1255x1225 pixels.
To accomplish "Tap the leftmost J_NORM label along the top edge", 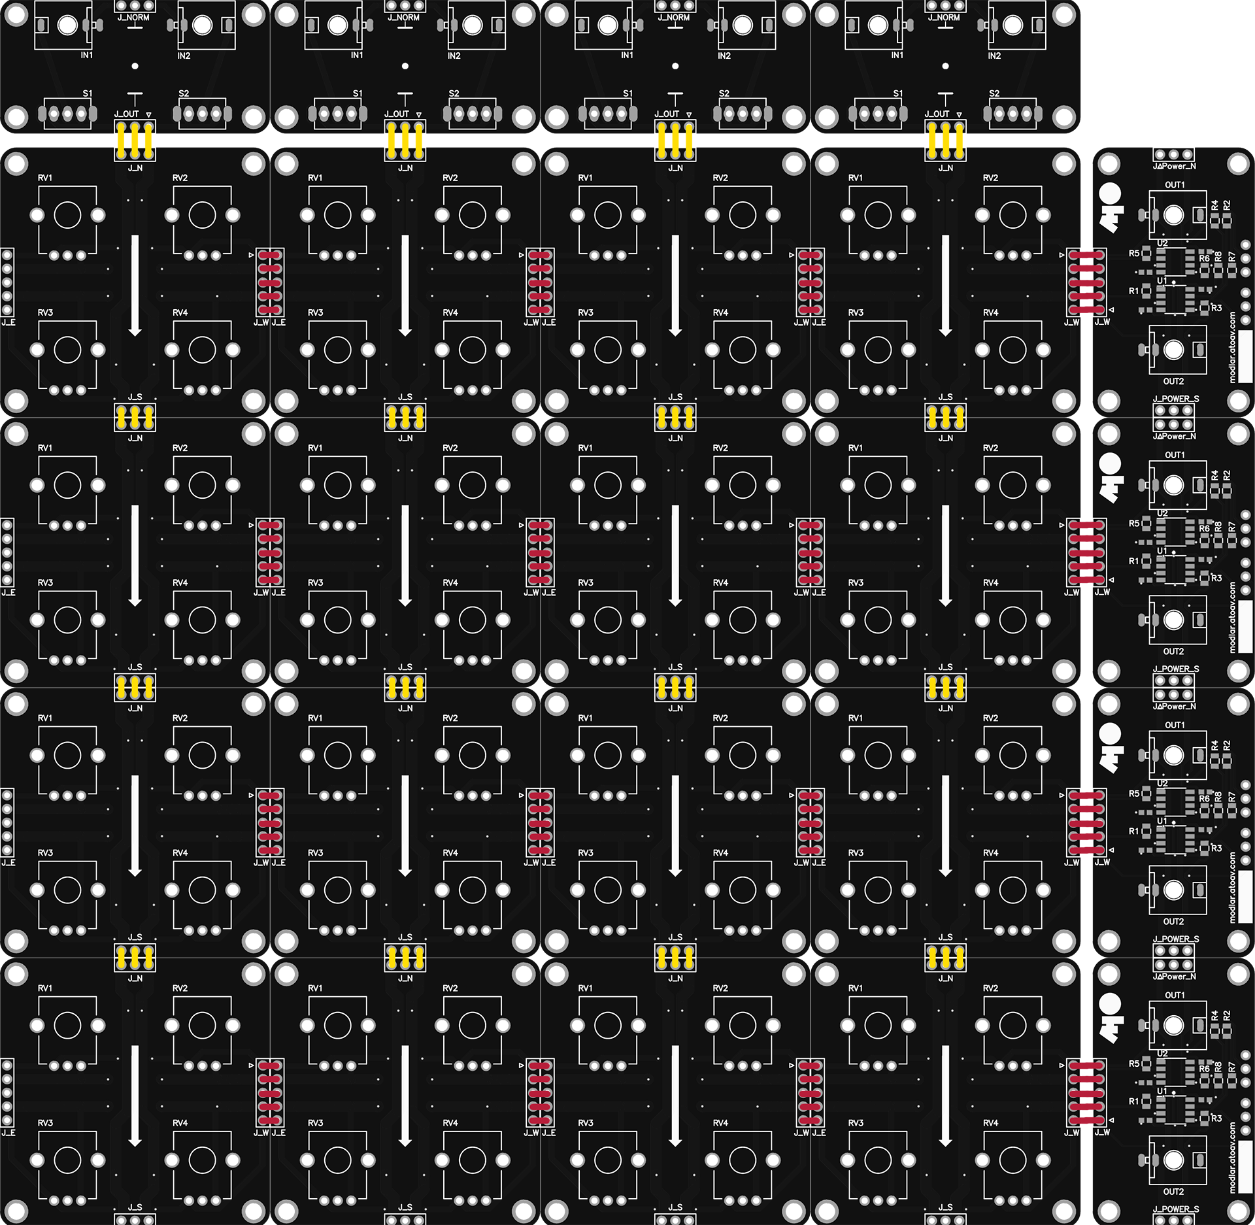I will click(x=133, y=18).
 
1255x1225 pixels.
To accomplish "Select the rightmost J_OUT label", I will click(x=937, y=114).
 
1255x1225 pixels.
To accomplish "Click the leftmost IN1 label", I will click(x=87, y=56).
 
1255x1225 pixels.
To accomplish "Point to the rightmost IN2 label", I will click(x=994, y=56).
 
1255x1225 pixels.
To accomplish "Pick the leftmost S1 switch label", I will click(x=88, y=93).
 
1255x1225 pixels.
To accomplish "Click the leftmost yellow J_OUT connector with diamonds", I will click(x=135, y=141).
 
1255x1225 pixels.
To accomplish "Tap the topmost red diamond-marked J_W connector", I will click(x=1086, y=282).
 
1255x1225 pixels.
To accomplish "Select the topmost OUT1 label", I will click(x=1175, y=185).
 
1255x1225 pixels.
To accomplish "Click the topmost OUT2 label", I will click(x=1173, y=381).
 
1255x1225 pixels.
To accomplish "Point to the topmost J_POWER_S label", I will click(x=1176, y=399).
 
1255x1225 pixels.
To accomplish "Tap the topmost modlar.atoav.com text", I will click(x=1232, y=346).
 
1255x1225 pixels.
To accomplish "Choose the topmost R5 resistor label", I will click(x=1134, y=253).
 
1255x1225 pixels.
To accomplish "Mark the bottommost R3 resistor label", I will click(x=1216, y=1118).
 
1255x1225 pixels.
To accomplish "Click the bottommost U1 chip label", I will click(x=1162, y=1091).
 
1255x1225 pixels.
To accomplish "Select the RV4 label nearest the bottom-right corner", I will click(x=990, y=1123).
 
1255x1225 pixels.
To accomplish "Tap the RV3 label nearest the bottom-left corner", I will click(x=45, y=1123).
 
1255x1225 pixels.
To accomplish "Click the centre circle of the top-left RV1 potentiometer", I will click(x=67, y=215).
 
